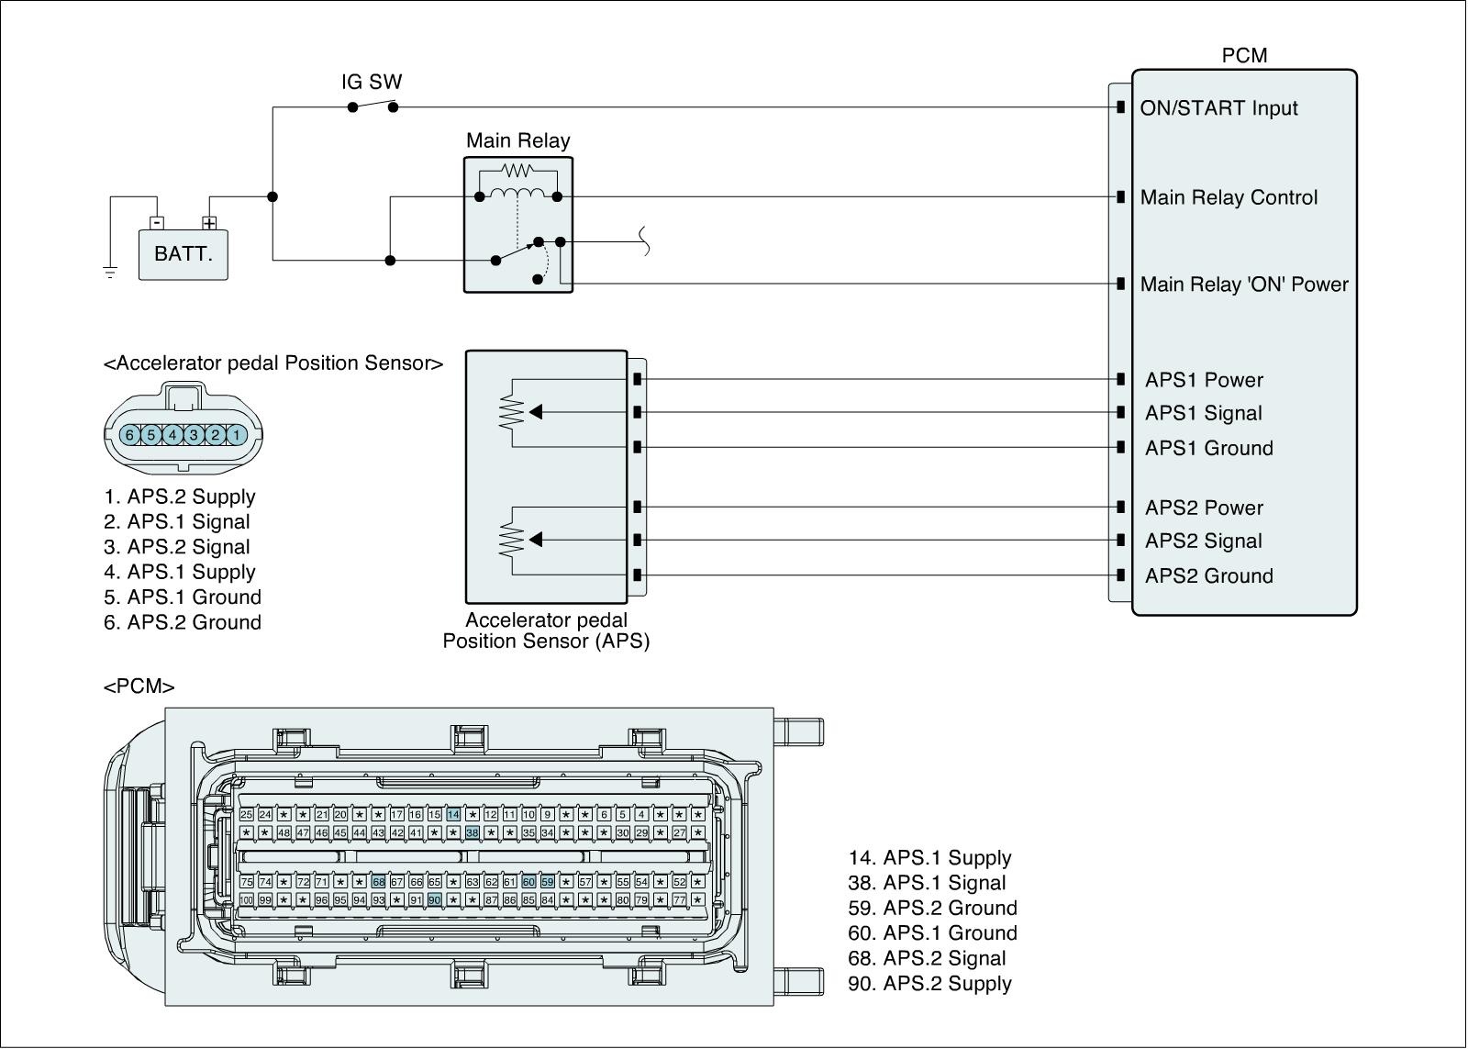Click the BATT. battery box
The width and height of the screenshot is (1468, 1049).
183,253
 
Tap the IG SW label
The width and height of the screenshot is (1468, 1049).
372,83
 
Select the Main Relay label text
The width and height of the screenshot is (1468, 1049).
517,140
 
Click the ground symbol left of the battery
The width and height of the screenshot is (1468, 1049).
110,272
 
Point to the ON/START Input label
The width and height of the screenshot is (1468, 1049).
1218,108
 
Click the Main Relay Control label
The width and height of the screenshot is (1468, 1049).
1229,197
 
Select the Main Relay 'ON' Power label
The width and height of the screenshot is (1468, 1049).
1244,285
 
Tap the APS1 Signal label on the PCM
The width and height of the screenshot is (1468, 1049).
1203,414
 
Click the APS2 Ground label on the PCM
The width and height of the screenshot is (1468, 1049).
1208,576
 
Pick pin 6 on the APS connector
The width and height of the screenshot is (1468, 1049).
130,435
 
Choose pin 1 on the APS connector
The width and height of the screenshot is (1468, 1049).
236,435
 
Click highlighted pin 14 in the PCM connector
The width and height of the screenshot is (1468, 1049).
453,815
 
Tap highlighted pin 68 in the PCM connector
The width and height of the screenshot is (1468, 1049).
378,882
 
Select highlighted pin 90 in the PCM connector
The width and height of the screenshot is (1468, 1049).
434,900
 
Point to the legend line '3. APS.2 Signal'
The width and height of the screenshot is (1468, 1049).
177,547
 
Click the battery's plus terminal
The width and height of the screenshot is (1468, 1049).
209,223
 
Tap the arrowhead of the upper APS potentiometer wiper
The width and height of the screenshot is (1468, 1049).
536,413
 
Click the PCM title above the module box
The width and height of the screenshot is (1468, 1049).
1244,56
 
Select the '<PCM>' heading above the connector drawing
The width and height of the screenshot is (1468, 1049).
139,686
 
